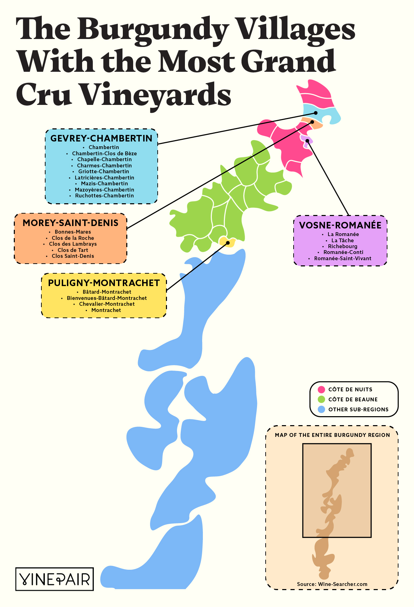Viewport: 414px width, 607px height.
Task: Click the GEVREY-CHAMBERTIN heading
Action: tap(101, 138)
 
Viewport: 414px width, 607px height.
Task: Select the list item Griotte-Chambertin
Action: tap(103, 172)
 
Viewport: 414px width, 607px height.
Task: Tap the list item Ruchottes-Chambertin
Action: tap(104, 196)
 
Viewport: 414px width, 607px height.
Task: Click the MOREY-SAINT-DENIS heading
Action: tap(70, 223)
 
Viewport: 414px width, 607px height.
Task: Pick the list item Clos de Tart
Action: tap(73, 250)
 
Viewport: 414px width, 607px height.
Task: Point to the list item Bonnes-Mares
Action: tap(73, 232)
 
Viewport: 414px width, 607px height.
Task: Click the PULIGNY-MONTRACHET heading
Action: tap(104, 283)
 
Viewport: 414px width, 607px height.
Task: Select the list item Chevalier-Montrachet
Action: tap(107, 304)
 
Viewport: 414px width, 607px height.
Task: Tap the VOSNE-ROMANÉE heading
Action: tap(340, 225)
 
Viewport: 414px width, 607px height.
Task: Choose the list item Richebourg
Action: tap(343, 246)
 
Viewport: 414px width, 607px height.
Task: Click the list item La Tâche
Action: tap(343, 241)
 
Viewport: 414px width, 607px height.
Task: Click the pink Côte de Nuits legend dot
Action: tap(321, 390)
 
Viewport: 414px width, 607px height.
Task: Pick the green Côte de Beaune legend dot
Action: tap(321, 400)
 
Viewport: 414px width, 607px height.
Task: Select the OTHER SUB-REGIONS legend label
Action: tap(358, 410)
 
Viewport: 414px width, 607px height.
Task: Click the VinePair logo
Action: tap(55, 579)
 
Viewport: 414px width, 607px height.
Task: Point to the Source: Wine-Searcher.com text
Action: tap(332, 584)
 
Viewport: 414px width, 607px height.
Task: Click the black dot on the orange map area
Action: tap(312, 122)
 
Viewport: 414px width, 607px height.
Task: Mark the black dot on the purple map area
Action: tap(307, 140)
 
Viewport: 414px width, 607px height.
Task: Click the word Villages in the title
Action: tap(295, 29)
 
